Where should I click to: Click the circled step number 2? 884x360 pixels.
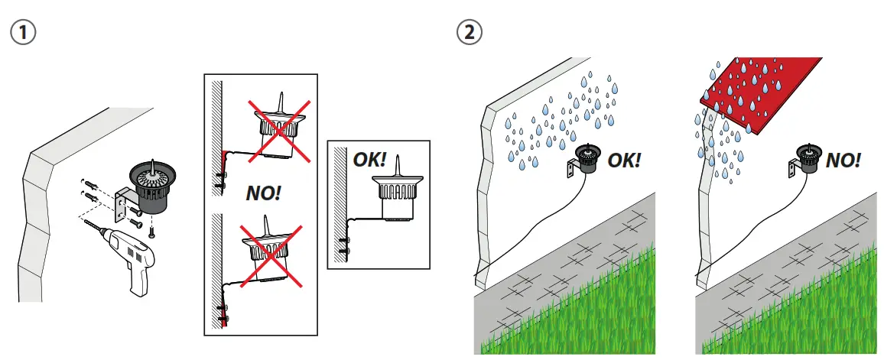tap(467, 32)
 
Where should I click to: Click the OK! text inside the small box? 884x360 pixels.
tap(369, 161)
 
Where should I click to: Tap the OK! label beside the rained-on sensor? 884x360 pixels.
tap(623, 160)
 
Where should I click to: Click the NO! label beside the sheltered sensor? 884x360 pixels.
tap(843, 160)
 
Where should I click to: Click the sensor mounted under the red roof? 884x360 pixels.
tap(810, 158)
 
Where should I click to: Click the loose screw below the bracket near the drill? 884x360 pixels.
tap(151, 229)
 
